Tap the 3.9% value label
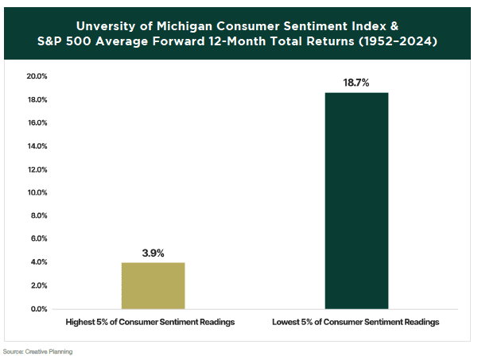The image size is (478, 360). click(x=153, y=253)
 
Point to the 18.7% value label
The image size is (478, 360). click(x=357, y=83)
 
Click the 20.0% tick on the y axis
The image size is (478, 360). click(x=37, y=77)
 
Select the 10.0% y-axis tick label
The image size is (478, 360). click(x=37, y=192)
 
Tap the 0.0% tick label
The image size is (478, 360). click(x=39, y=308)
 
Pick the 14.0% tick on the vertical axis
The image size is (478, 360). click(x=37, y=146)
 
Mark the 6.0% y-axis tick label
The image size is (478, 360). click(x=39, y=238)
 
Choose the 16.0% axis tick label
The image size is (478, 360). click(x=37, y=123)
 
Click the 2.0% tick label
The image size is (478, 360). click(x=39, y=285)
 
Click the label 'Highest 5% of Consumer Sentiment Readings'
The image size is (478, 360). click(x=153, y=323)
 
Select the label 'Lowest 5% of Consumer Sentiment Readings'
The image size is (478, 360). click(x=357, y=323)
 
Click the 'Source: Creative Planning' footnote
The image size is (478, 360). click(x=37, y=350)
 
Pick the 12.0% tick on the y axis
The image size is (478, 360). click(x=37, y=169)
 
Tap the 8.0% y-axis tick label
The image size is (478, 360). click(x=39, y=215)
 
